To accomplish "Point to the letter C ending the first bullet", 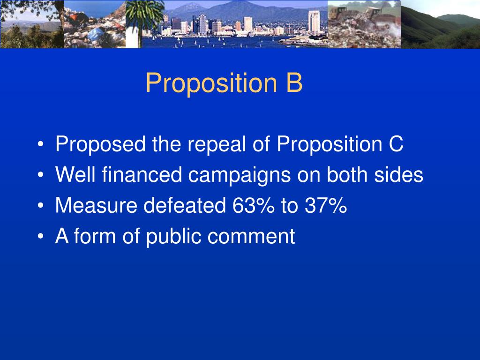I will (396, 144).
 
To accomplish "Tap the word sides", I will (401, 175).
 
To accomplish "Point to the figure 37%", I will (323, 205).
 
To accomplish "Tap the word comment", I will (252, 236).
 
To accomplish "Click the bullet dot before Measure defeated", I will (42, 206).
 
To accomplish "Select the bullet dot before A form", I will (42, 237).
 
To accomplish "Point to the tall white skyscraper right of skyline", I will (314, 21).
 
